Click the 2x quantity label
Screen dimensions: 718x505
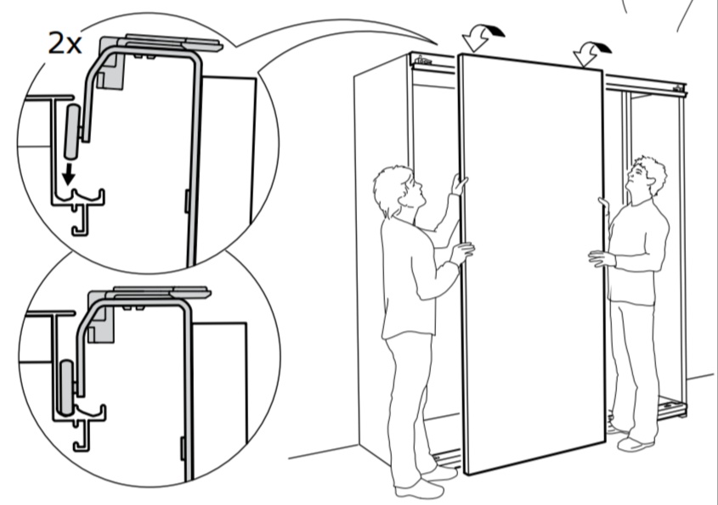[65, 44]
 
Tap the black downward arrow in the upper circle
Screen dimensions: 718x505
[69, 173]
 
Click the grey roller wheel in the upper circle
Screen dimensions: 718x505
[72, 132]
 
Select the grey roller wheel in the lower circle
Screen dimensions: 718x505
[67, 387]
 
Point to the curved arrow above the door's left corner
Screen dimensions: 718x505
[483, 37]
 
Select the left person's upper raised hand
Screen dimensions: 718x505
[459, 184]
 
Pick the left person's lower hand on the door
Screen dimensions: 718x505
[462, 252]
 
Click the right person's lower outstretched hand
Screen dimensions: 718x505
[601, 258]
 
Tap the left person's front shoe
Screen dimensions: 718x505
[420, 490]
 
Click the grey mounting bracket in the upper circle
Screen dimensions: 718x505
[112, 63]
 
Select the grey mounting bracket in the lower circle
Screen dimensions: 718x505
[101, 317]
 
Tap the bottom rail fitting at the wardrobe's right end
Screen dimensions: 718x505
[672, 407]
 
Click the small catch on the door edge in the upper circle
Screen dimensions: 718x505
[187, 201]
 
